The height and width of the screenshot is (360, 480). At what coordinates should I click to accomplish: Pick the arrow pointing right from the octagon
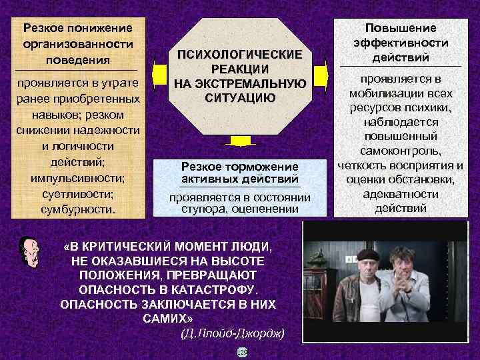(x=322, y=73)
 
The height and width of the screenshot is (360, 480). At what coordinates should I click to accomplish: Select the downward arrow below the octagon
(x=239, y=142)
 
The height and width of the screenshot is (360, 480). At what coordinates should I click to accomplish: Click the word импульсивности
(x=77, y=178)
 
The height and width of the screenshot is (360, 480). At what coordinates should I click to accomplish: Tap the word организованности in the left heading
(x=77, y=44)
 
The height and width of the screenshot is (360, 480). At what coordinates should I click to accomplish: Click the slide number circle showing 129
(x=242, y=352)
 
